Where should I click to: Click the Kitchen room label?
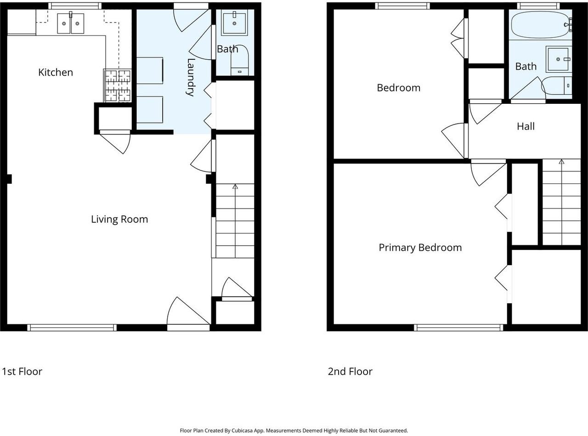[x=56, y=72]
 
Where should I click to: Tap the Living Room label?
[x=119, y=219]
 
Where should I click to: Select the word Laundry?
[x=191, y=77]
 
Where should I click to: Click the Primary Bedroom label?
[x=420, y=248]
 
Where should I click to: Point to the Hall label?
[x=526, y=126]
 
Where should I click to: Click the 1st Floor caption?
[x=22, y=371]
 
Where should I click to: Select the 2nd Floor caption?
[x=350, y=371]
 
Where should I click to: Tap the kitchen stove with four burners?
[x=118, y=85]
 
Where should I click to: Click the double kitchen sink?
[x=71, y=23]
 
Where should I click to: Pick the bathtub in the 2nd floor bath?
[x=541, y=25]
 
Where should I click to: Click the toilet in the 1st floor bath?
[x=239, y=61]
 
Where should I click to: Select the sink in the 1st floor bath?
[x=234, y=23]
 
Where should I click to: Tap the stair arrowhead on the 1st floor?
[x=235, y=187]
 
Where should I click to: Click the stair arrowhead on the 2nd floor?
[x=561, y=162]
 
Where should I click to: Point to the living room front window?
[x=72, y=328]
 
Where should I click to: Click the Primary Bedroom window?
[x=458, y=328]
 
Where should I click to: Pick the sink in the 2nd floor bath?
[x=558, y=59]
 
